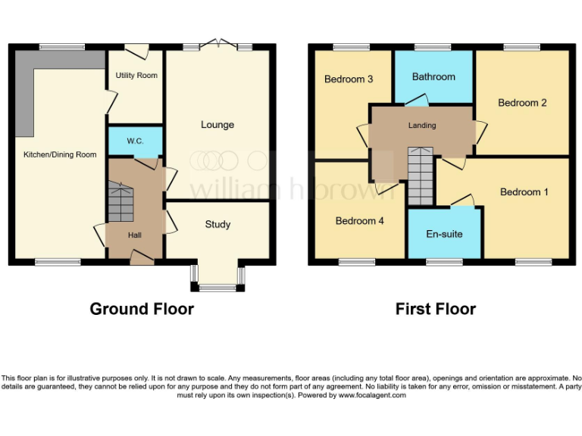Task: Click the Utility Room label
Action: [x=136, y=76]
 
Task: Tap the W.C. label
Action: [x=136, y=141]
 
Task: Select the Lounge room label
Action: [x=217, y=125]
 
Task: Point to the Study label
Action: [x=217, y=225]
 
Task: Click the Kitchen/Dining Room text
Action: [x=60, y=155]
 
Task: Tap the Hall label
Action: [x=135, y=235]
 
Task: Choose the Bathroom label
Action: [x=433, y=76]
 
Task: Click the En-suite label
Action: [x=444, y=234]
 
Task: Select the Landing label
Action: [x=422, y=126]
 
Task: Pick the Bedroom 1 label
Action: [x=524, y=192]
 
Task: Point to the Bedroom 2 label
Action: [x=522, y=103]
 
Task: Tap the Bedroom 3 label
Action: [x=349, y=79]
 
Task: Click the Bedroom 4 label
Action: [x=360, y=221]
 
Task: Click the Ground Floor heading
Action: [x=142, y=309]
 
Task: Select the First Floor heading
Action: [x=436, y=309]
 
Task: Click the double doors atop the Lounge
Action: [x=217, y=45]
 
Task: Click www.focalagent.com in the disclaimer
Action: [x=372, y=395]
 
